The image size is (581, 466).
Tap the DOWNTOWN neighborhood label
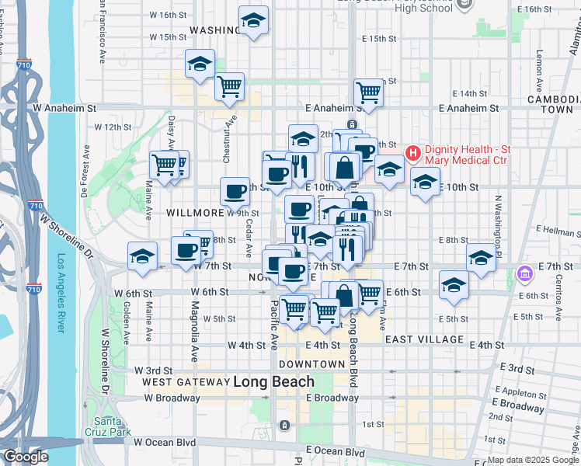(x=311, y=364)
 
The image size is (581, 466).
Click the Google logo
(x=26, y=457)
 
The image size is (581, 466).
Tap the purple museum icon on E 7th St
(x=524, y=273)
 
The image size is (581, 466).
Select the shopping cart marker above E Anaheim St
(x=369, y=92)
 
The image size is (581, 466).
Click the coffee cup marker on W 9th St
(x=235, y=190)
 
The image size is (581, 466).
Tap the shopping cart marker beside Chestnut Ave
(x=229, y=87)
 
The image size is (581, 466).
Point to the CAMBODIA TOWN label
(x=553, y=105)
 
